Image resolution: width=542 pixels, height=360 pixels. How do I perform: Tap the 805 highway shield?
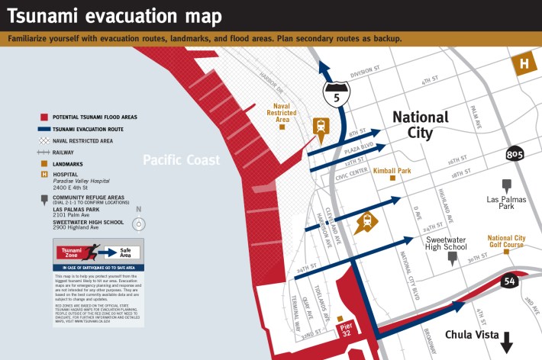tap(515, 155)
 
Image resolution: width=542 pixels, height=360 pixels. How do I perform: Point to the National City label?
tap(420, 125)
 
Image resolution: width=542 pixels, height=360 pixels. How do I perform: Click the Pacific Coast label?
tap(181, 160)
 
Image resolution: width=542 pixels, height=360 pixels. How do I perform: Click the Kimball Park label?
tap(392, 171)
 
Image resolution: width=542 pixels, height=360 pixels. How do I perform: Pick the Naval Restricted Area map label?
tap(282, 113)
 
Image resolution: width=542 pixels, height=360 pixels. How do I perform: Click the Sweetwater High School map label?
tap(446, 243)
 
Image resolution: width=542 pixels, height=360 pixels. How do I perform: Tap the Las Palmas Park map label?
tap(505, 202)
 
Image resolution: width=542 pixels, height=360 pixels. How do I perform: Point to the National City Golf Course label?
tap(506, 241)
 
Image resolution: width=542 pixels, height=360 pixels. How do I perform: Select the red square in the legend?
tap(44, 117)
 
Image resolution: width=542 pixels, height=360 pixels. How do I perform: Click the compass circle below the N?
tap(138, 224)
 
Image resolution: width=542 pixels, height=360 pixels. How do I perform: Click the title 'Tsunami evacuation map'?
tap(115, 16)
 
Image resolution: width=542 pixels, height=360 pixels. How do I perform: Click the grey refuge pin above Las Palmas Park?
tap(506, 185)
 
